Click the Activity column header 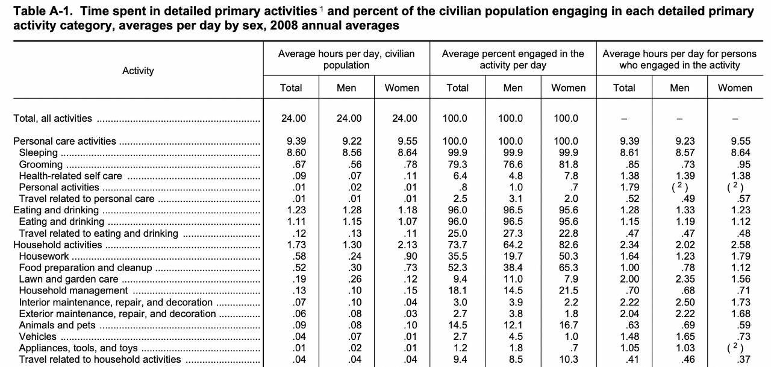[138, 71]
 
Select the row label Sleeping [39, 152]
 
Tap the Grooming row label [40, 164]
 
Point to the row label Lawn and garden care [69, 279]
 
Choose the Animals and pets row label [57, 325]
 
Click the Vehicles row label [37, 336]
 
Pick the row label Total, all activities [52, 118]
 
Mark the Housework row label [44, 256]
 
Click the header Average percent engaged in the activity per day [513, 59]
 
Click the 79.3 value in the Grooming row [458, 164]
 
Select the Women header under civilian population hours [402, 88]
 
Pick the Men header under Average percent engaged [513, 88]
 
